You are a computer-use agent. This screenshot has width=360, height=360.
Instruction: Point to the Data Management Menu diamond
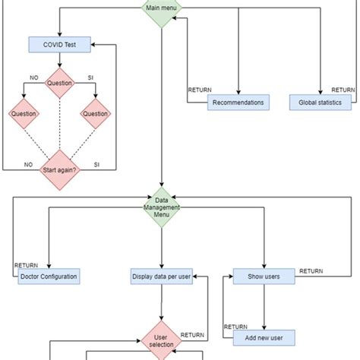tap(161, 207)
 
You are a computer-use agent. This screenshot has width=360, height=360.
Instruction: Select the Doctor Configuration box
tap(49, 276)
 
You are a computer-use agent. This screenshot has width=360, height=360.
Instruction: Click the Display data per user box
tap(161, 276)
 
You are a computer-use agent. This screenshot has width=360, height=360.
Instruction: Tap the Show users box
tap(264, 276)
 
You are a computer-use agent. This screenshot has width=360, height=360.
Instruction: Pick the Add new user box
tap(264, 336)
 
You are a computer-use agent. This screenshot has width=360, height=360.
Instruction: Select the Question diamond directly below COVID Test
tap(61, 84)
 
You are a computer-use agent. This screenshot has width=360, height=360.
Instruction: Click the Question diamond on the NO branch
tap(24, 114)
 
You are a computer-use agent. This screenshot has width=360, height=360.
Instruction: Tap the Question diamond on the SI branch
tap(96, 114)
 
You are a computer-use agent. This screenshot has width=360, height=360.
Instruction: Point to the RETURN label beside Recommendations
tap(200, 90)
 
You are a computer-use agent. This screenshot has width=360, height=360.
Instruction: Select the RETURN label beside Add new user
tap(235, 327)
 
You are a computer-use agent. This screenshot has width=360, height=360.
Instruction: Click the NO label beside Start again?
tap(28, 163)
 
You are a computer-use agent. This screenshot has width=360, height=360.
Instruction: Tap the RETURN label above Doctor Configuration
tap(26, 266)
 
